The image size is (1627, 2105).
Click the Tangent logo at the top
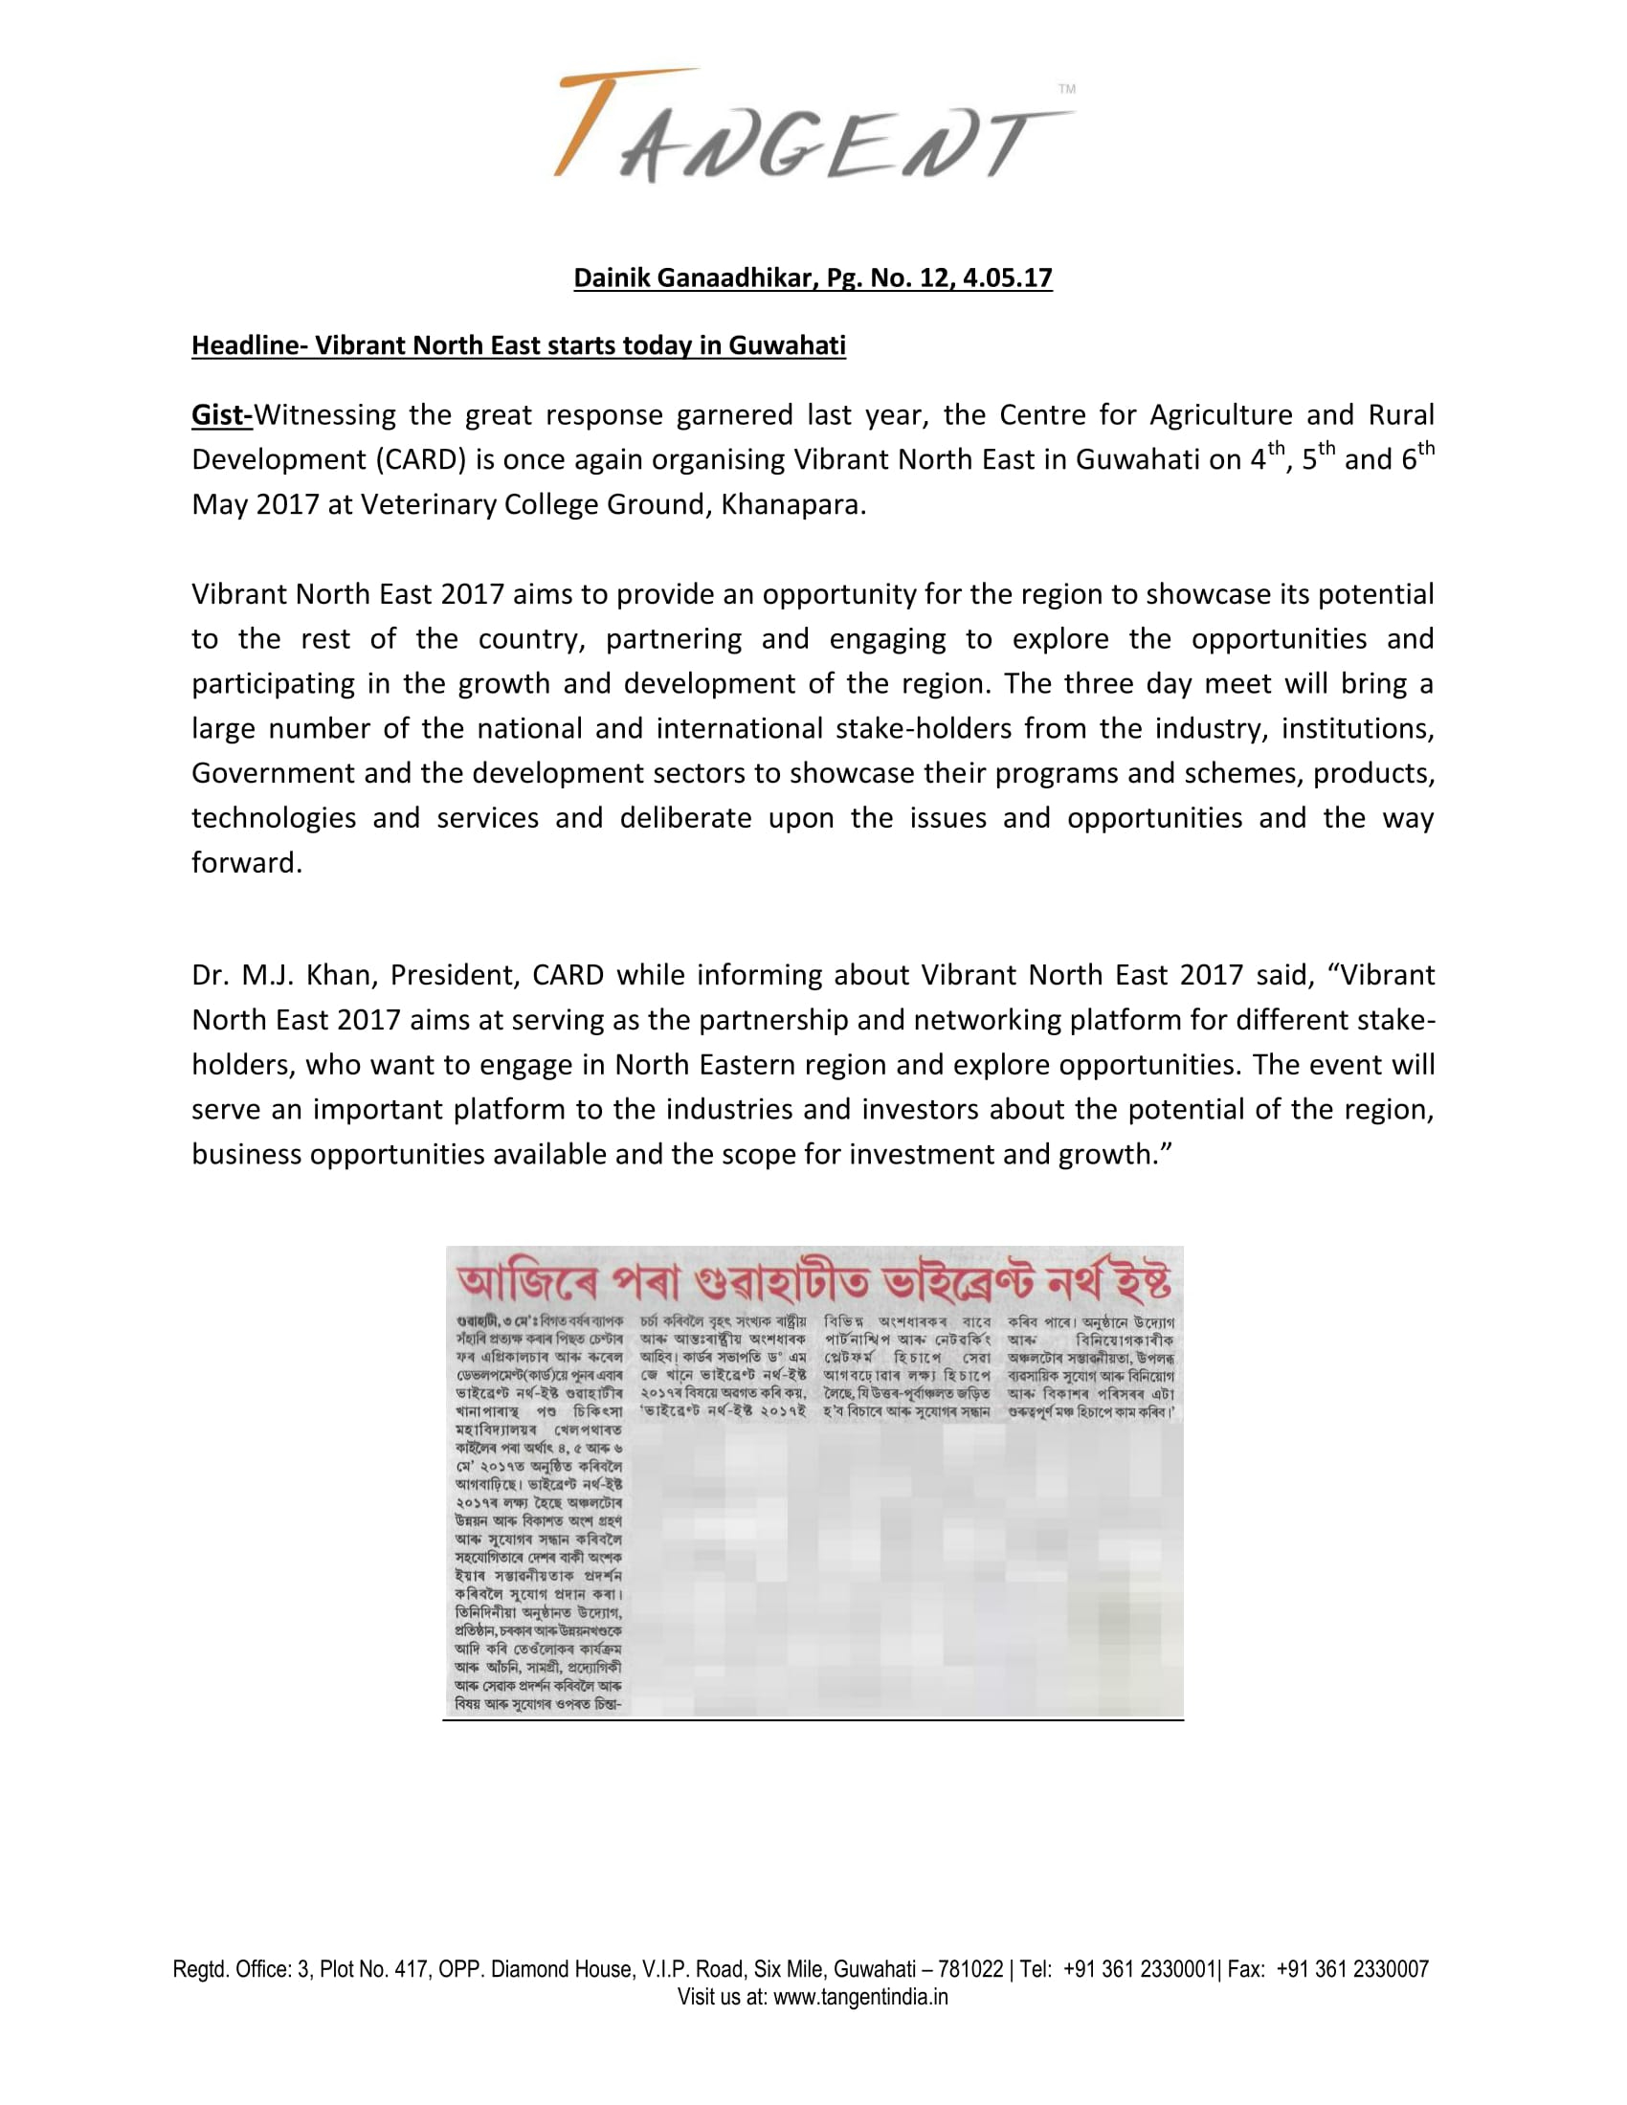tap(813, 126)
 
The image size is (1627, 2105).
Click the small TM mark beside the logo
tap(1066, 89)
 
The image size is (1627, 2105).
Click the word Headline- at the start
tap(249, 346)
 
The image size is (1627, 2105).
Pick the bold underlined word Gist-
tap(222, 415)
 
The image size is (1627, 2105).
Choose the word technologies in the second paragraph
tap(274, 818)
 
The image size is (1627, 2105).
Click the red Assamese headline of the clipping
tap(813, 1283)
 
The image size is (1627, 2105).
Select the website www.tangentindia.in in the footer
tap(860, 1996)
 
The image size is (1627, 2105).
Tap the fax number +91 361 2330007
tap(1352, 1969)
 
